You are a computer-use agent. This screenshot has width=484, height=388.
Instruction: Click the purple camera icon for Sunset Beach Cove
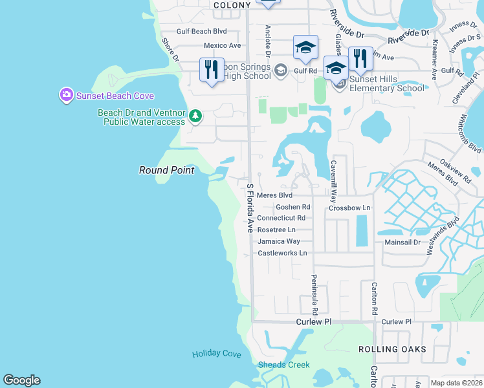(66, 96)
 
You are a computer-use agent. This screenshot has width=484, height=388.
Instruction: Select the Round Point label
(166, 170)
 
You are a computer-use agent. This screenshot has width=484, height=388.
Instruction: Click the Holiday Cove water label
(216, 354)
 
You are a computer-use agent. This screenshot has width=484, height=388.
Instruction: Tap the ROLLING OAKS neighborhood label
(392, 349)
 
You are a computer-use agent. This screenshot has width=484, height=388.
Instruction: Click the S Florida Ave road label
(250, 208)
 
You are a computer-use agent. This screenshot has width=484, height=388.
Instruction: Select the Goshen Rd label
(292, 207)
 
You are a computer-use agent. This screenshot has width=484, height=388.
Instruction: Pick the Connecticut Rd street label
(281, 218)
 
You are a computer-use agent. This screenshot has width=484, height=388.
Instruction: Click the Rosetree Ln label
(276, 230)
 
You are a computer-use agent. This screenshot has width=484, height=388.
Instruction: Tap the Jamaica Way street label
(279, 241)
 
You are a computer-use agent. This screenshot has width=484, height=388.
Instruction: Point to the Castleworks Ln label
(282, 253)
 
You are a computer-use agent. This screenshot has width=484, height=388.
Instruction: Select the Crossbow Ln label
(349, 208)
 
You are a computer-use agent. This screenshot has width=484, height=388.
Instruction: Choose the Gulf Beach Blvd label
(202, 31)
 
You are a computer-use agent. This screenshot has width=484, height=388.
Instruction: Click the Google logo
(21, 380)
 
